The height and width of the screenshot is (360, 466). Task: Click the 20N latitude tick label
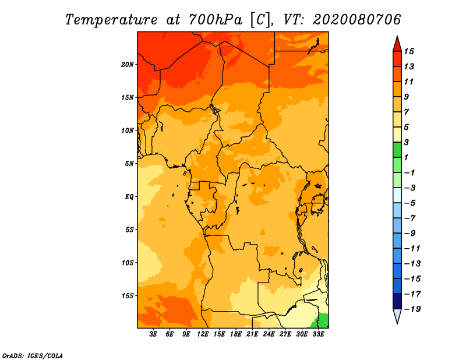(128, 64)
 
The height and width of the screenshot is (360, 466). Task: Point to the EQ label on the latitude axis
(129, 196)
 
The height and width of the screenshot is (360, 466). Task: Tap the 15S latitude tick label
(128, 295)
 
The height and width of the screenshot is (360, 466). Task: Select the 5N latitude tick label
(129, 164)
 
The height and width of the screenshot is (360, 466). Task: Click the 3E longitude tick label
(153, 334)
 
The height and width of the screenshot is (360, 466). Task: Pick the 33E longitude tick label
(318, 334)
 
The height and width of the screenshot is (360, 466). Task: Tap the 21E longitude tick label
(252, 334)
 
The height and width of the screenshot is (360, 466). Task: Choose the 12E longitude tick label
(203, 334)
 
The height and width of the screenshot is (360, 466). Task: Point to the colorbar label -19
(411, 309)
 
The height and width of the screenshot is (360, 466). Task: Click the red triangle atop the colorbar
(397, 44)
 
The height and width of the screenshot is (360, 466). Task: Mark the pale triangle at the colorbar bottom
(397, 316)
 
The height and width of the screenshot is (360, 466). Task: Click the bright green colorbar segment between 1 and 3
(397, 150)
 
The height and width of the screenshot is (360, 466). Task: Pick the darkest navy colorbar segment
(397, 301)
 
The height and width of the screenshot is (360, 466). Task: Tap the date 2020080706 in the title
(357, 19)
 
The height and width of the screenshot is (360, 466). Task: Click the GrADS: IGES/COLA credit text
(33, 355)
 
